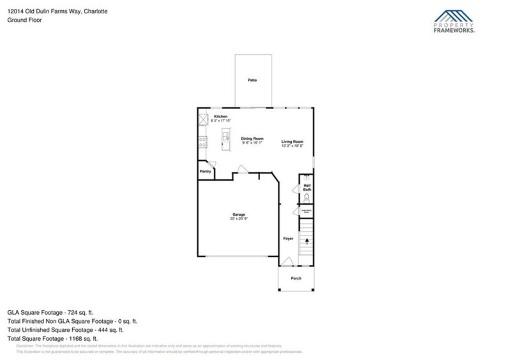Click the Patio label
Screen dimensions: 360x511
(x=252, y=80)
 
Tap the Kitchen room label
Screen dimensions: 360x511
(x=221, y=116)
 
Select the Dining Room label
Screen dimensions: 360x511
(x=252, y=139)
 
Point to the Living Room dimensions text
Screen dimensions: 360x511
(x=293, y=146)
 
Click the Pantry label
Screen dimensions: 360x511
(x=205, y=171)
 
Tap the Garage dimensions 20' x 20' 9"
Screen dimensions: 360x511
(x=238, y=219)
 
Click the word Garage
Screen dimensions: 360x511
(x=238, y=214)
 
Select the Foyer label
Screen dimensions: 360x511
(x=288, y=238)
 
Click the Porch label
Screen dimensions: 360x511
(x=296, y=278)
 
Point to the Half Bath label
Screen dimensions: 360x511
(x=307, y=188)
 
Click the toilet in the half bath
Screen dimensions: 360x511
(x=307, y=198)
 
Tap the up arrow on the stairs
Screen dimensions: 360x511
(x=307, y=242)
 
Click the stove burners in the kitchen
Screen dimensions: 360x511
(x=203, y=142)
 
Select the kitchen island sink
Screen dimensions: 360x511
(x=225, y=136)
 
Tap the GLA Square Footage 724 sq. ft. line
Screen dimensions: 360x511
(x=45, y=313)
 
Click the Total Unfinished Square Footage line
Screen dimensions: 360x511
(x=65, y=330)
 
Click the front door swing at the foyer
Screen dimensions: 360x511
(x=287, y=262)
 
